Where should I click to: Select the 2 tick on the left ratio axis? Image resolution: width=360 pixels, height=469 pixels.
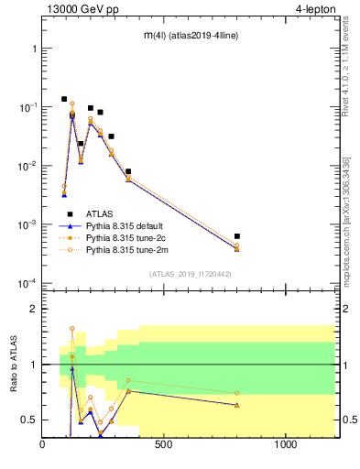click(x=33, y=309)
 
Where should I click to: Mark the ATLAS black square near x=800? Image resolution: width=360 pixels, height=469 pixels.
click(x=237, y=236)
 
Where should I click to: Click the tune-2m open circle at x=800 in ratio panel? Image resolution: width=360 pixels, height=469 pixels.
click(x=237, y=393)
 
